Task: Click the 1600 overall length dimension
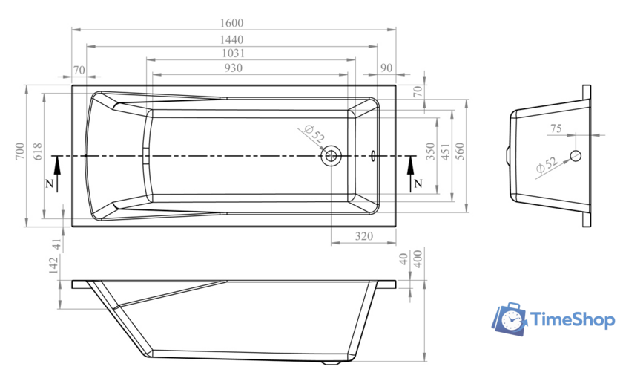(x=231, y=23)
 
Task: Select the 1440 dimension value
(x=231, y=40)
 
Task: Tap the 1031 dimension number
(x=233, y=53)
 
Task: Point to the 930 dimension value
(x=233, y=68)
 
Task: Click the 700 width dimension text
(x=20, y=152)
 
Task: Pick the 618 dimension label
(x=37, y=152)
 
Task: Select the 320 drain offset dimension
(x=364, y=236)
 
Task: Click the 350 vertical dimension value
(x=431, y=152)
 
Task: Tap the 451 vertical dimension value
(x=446, y=152)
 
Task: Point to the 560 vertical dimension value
(x=460, y=152)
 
